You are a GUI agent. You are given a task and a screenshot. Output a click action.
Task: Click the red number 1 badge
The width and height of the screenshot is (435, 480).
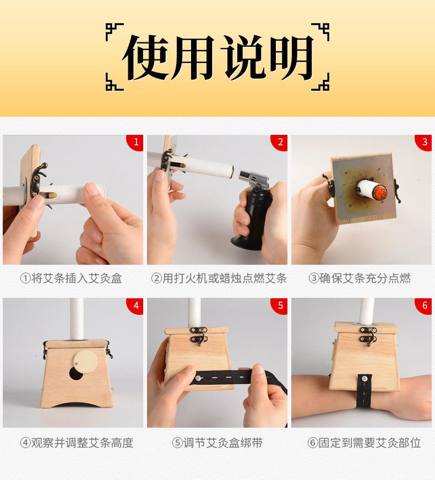[x=135, y=142]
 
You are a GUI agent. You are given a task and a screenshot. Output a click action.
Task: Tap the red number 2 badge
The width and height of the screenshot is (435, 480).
[x=280, y=142]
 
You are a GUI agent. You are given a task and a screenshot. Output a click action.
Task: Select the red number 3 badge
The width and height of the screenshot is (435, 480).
[x=424, y=142]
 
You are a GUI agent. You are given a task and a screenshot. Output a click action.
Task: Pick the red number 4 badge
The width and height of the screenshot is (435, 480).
[x=135, y=306]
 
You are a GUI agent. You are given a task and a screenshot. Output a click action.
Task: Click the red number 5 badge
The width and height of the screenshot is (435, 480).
[x=280, y=306]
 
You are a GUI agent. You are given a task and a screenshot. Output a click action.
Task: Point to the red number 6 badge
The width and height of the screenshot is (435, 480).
[x=424, y=306]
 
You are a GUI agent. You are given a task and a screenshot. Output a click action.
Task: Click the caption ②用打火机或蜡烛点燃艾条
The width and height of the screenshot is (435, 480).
[x=219, y=279]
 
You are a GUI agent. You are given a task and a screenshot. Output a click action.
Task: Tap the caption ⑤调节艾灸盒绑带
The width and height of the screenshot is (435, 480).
[x=219, y=443]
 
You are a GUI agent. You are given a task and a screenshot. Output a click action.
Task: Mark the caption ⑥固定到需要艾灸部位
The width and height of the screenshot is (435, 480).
[x=364, y=443]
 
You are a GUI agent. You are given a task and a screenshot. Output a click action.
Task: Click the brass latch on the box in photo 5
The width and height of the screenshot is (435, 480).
[x=197, y=336]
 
